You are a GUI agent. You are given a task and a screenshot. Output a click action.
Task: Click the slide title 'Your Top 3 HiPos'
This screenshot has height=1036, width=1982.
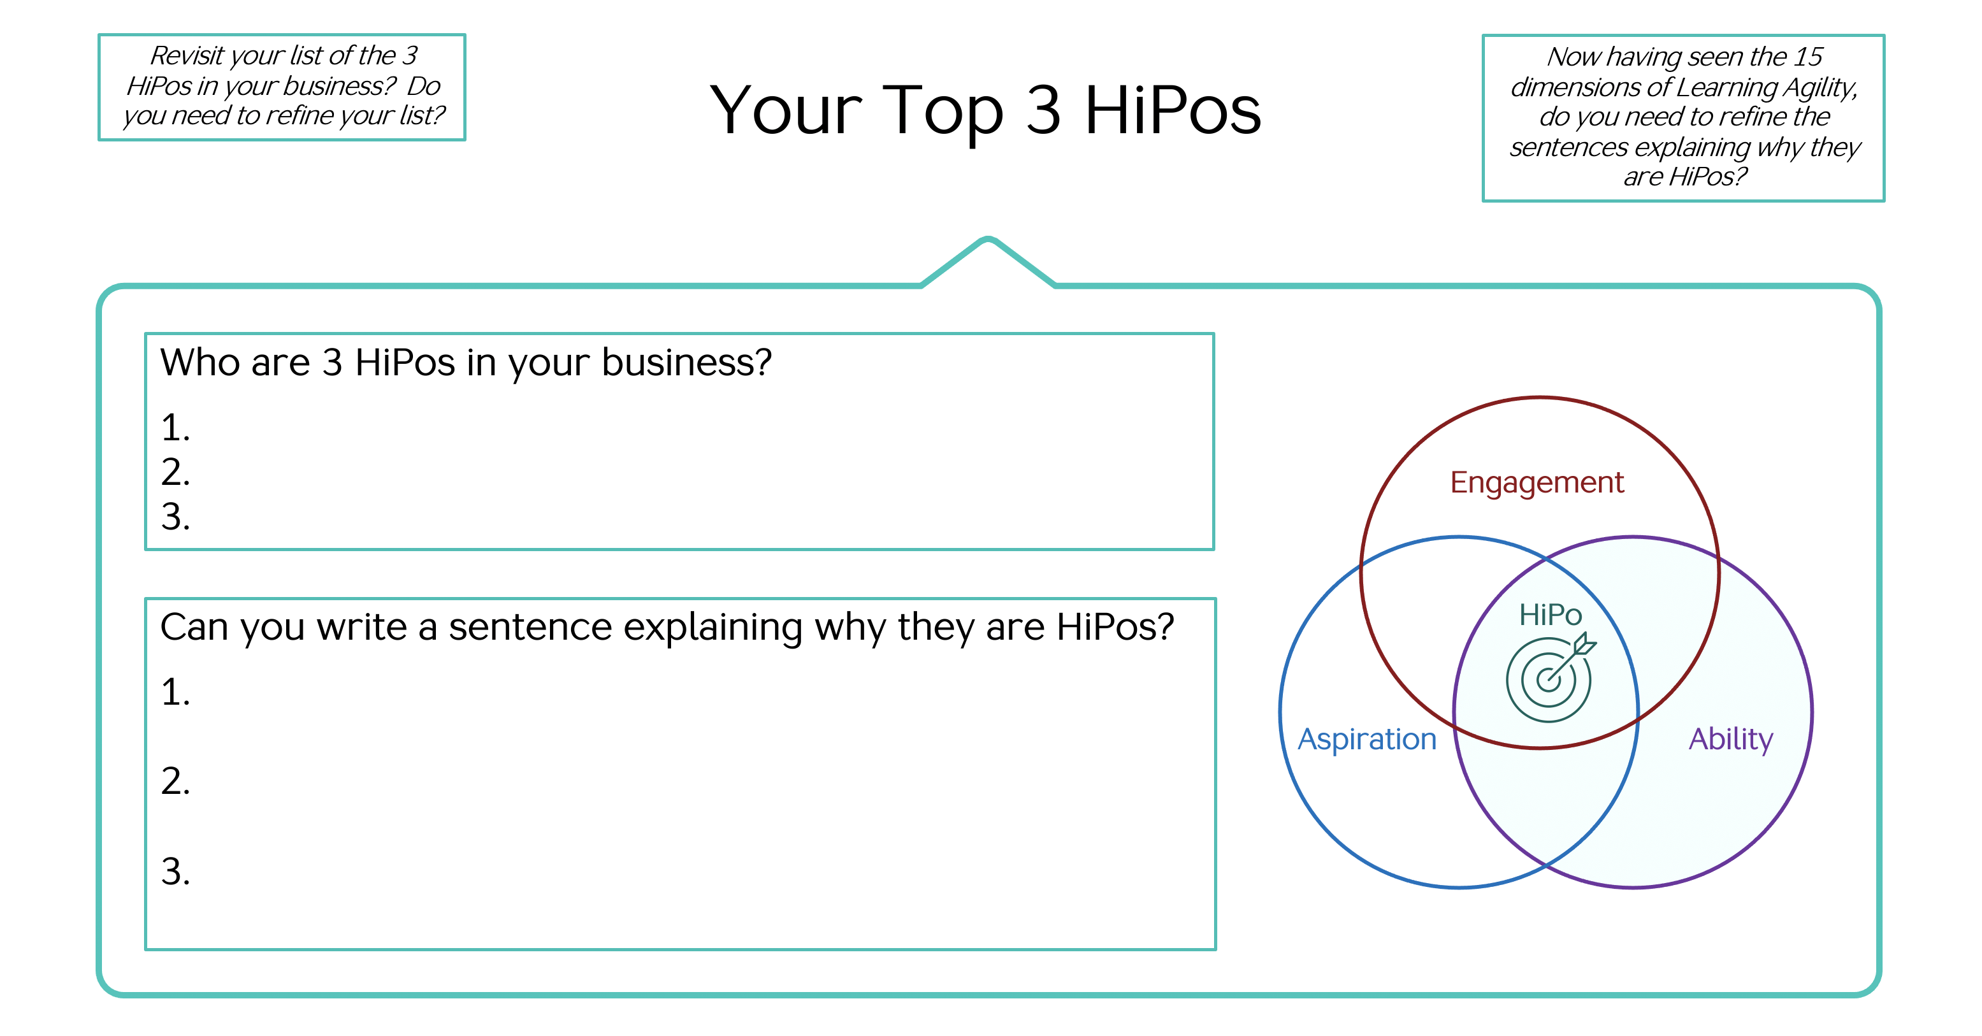click(x=986, y=112)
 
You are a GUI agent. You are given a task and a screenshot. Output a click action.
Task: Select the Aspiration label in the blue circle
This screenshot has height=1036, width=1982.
click(x=1367, y=740)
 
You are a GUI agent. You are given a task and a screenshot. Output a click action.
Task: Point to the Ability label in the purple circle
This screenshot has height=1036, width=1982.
click(x=1730, y=740)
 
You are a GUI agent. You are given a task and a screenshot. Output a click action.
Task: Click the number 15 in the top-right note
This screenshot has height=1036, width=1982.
click(x=1807, y=56)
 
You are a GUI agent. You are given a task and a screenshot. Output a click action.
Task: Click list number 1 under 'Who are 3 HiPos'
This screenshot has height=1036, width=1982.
click(x=175, y=428)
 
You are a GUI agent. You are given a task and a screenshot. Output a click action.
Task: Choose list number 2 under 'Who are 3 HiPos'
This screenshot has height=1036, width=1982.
click(x=175, y=472)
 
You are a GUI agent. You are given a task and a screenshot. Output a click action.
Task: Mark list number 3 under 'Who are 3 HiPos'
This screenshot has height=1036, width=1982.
click(x=175, y=517)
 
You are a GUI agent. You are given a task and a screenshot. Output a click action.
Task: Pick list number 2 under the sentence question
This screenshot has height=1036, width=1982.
click(x=175, y=781)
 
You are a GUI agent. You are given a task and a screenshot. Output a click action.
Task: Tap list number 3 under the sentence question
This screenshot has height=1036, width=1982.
click(x=175, y=872)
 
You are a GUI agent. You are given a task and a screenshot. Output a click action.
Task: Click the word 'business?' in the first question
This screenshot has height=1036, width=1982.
click(x=686, y=363)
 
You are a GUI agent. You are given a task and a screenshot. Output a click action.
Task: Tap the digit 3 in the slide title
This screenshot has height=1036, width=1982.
click(x=1043, y=110)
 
